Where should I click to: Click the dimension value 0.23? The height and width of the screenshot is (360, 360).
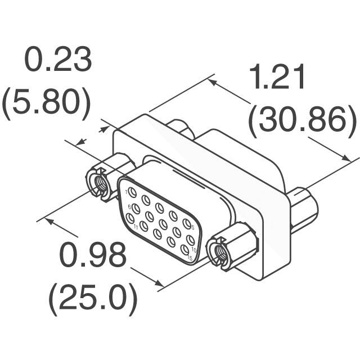tap(58, 60)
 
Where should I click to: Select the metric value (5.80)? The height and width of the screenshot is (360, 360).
tap(46, 103)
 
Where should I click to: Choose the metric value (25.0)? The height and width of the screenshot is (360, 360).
tap(93, 299)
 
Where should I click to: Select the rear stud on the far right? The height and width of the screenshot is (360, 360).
tap(304, 210)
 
